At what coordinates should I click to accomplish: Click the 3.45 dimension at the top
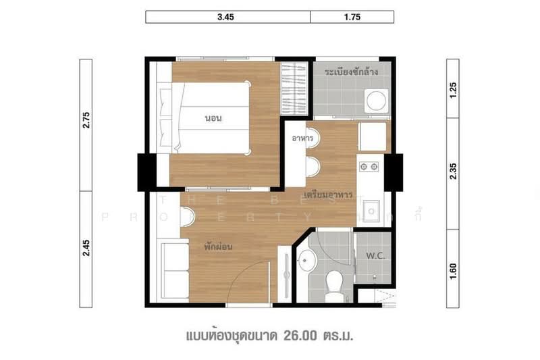pyautogui.click(x=227, y=18)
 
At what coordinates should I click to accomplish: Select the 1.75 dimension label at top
pyautogui.click(x=352, y=18)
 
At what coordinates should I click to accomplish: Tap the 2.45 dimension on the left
pyautogui.click(x=86, y=249)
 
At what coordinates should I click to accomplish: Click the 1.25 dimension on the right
pyautogui.click(x=454, y=89)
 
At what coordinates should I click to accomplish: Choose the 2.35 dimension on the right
pyautogui.click(x=454, y=174)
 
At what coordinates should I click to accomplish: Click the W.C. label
pyautogui.click(x=375, y=256)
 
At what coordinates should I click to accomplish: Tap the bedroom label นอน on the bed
pyautogui.click(x=214, y=118)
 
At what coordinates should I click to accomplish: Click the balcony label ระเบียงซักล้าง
pyautogui.click(x=350, y=71)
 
